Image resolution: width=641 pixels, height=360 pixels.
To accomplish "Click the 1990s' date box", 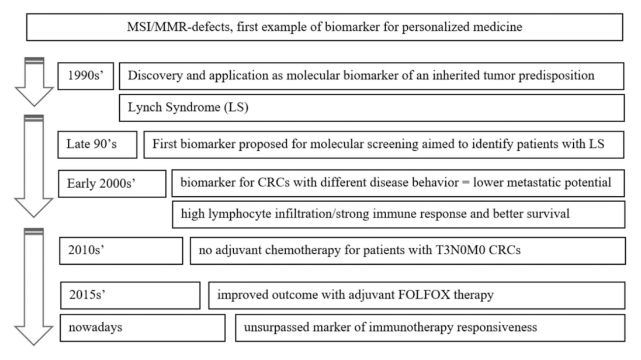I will [85, 77].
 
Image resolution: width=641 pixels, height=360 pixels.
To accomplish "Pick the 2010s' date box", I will [121, 252].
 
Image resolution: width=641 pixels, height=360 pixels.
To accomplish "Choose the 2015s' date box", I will [130, 295].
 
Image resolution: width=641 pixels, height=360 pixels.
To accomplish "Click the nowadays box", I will [142, 328].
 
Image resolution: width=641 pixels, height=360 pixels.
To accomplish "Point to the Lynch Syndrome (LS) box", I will [372, 108].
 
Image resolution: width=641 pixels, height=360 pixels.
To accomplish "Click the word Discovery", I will [151, 77].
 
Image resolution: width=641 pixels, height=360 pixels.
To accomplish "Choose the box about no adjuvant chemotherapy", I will [407, 252].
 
